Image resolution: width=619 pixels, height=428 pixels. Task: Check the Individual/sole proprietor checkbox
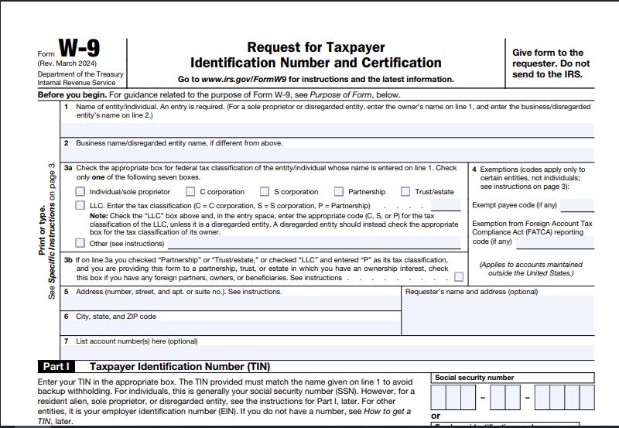(x=80, y=192)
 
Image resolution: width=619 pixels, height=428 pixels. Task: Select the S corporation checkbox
(x=265, y=192)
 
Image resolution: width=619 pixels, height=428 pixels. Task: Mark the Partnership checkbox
(x=339, y=192)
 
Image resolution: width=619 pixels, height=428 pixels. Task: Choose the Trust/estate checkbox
(x=405, y=192)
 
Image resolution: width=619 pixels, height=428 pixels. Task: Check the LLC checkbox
(x=80, y=205)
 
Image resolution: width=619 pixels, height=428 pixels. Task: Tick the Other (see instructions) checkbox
(x=80, y=243)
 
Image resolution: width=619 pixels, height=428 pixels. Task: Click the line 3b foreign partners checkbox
(x=460, y=277)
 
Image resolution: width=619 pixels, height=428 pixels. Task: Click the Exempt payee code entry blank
(x=577, y=206)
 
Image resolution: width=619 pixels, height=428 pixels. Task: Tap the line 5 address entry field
(x=232, y=303)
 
